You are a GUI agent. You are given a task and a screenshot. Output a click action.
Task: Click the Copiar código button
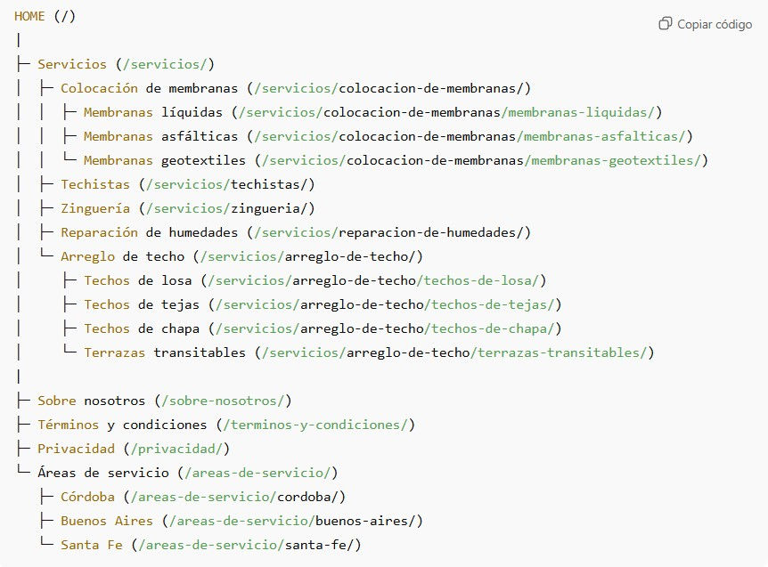(706, 24)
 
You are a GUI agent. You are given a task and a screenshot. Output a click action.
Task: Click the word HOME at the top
(29, 17)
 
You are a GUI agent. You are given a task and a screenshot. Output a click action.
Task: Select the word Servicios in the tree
(72, 64)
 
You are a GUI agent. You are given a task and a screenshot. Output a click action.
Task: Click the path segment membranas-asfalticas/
(607, 136)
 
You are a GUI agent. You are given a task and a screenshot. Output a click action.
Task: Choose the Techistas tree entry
(95, 184)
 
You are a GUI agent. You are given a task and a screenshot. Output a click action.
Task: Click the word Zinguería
(95, 208)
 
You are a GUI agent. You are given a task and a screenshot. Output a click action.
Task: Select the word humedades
(203, 232)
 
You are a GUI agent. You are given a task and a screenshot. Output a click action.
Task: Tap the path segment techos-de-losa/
(482, 280)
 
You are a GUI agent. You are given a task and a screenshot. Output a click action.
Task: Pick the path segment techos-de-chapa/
(494, 328)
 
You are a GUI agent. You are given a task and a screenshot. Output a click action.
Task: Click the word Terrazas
(115, 352)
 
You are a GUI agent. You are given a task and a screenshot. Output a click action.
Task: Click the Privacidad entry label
(76, 449)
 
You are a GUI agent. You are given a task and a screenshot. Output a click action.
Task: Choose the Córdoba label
(87, 497)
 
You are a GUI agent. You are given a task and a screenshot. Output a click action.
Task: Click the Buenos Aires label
(107, 521)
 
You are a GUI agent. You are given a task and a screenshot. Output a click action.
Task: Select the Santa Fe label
(92, 545)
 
